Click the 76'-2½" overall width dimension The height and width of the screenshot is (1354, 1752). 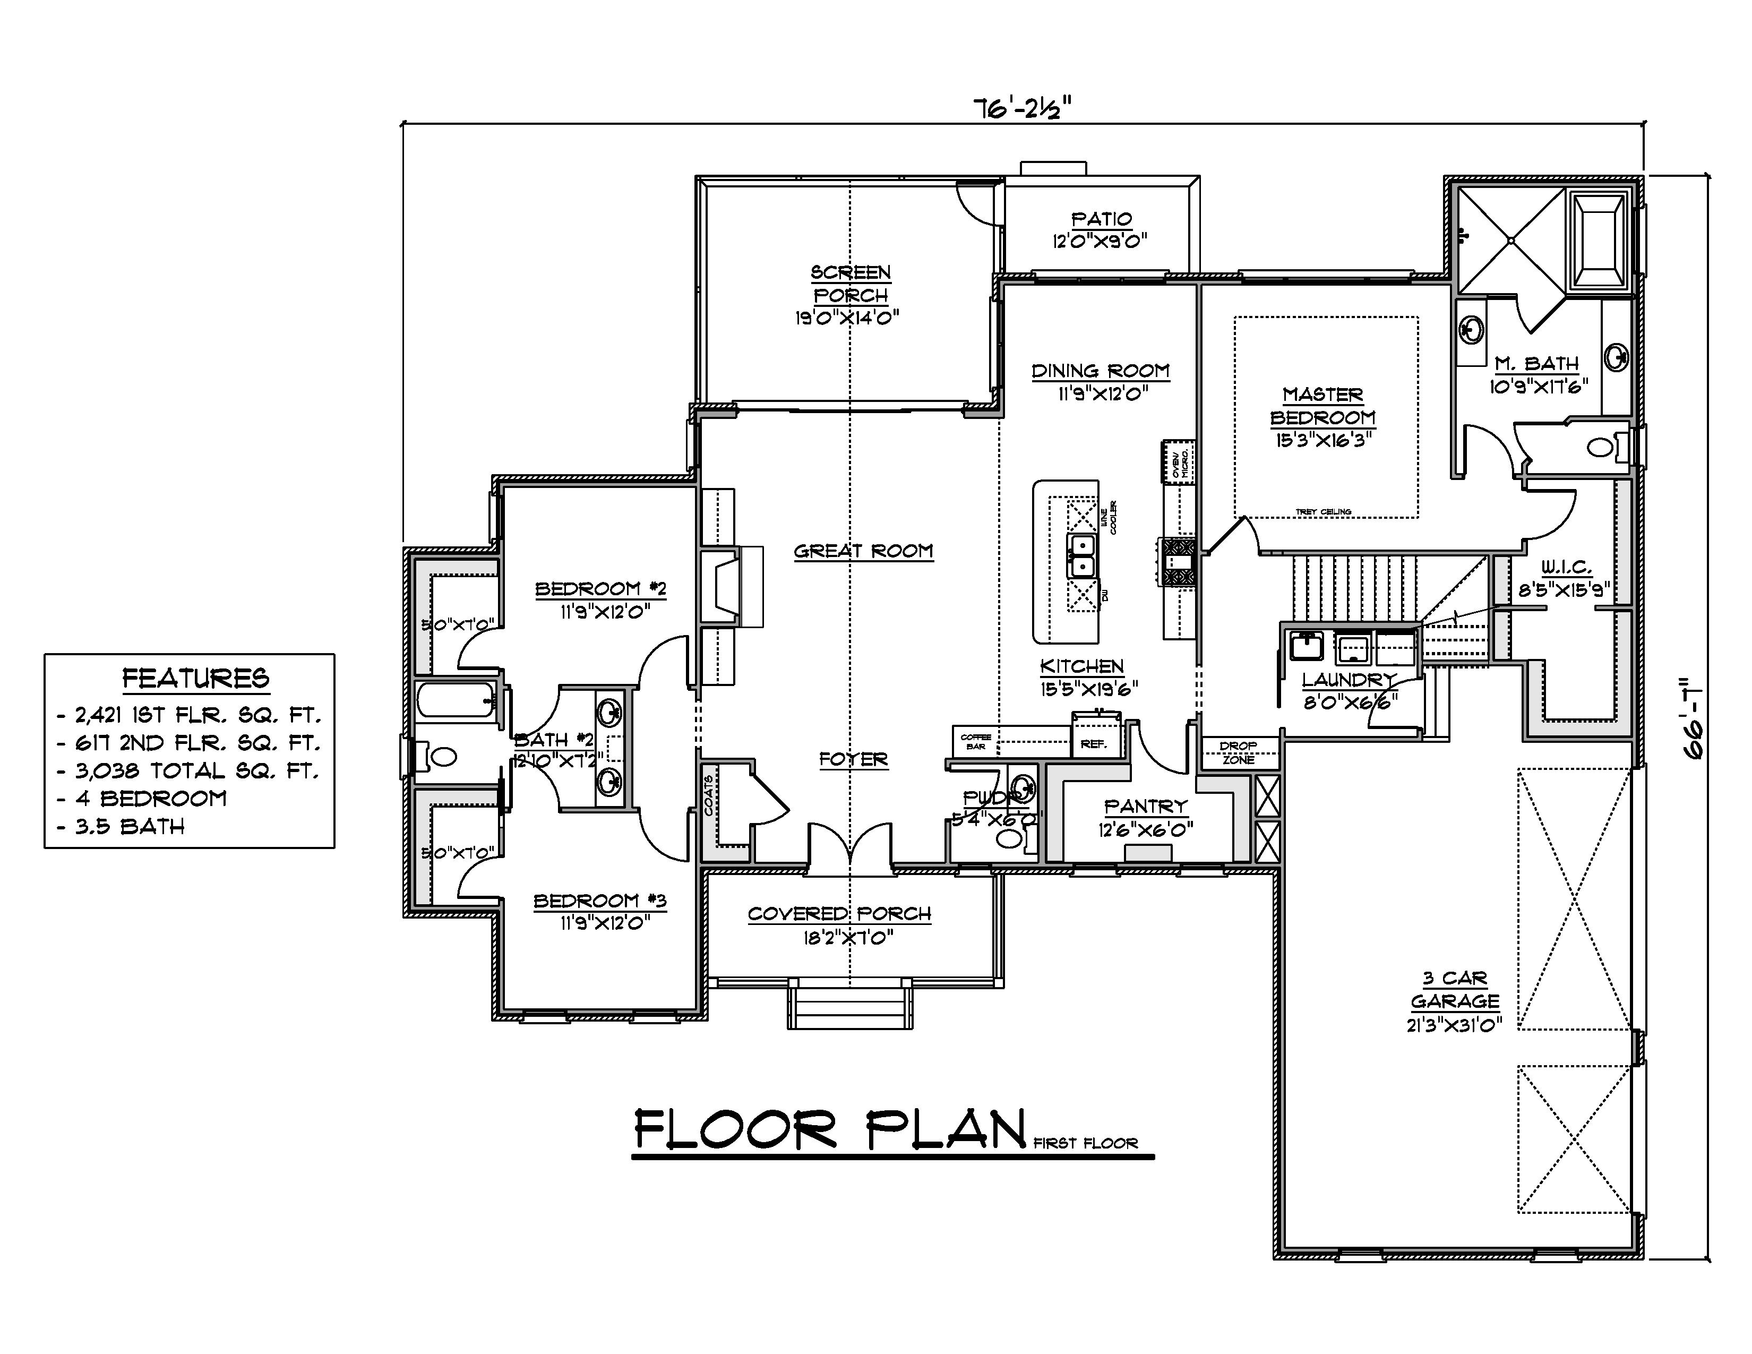(x=1022, y=108)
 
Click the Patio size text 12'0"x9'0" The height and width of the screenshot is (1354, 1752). (x=1101, y=241)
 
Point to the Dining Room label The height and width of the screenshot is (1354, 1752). (x=1101, y=371)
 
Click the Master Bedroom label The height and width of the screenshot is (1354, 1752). (x=1323, y=406)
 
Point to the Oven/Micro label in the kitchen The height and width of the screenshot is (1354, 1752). (x=1179, y=462)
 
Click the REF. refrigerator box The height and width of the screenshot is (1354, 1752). (x=1093, y=743)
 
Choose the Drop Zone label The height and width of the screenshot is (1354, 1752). (x=1239, y=752)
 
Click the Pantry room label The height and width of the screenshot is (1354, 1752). (x=1146, y=806)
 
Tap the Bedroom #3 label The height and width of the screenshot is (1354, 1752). (x=600, y=901)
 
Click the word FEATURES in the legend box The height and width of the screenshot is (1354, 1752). (x=196, y=679)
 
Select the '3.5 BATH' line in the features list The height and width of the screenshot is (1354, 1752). (x=130, y=826)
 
